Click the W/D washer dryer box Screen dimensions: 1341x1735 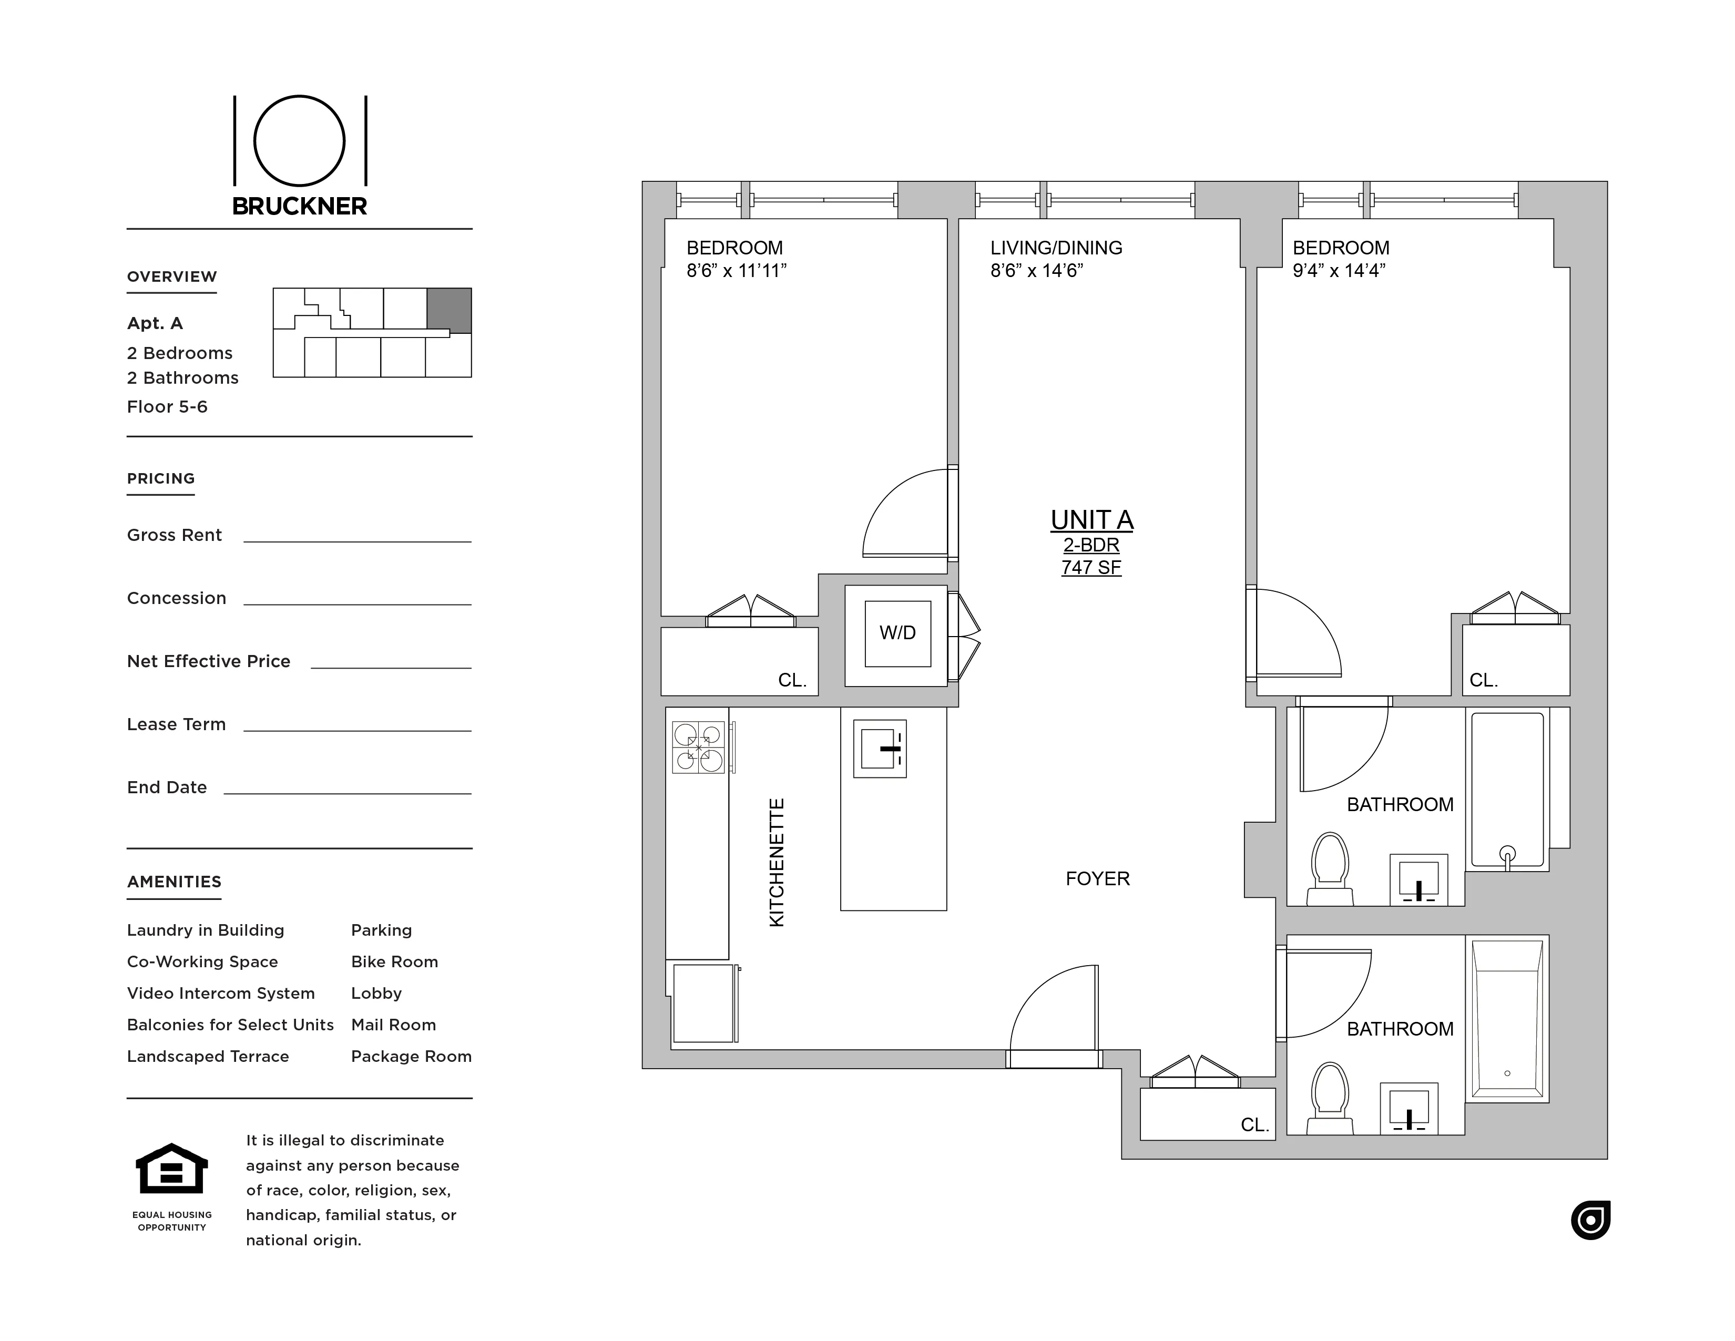[897, 633]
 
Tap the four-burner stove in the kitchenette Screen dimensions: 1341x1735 [698, 747]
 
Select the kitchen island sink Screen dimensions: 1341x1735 [880, 749]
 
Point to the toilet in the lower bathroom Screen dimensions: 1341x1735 [1329, 1097]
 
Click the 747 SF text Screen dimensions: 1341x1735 [1091, 567]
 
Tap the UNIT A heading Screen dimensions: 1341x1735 [1091, 519]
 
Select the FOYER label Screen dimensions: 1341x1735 [1097, 878]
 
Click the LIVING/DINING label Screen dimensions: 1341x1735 [1056, 248]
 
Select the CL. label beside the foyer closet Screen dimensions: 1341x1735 [1254, 1125]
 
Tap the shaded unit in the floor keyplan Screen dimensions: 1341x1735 [449, 310]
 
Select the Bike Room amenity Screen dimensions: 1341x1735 [394, 962]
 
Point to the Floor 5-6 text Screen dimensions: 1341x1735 [167, 407]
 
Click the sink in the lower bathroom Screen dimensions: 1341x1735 [1409, 1107]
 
